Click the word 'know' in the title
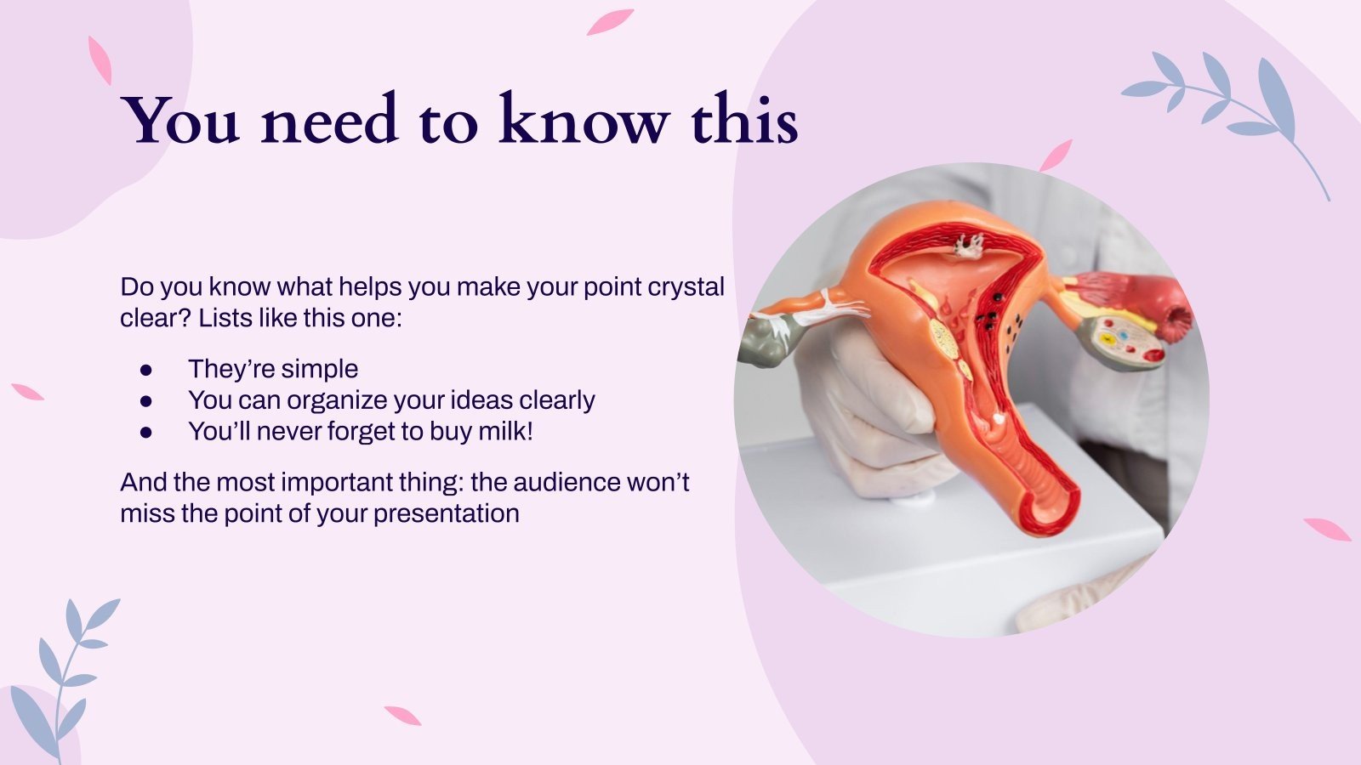tap(583, 121)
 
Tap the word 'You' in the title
tap(180, 121)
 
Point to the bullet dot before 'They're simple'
tap(146, 370)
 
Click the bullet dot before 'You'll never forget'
tap(146, 433)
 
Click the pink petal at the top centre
tap(610, 21)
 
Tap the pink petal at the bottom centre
tap(402, 716)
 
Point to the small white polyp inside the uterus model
tap(966, 246)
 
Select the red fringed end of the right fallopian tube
tap(1178, 319)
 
